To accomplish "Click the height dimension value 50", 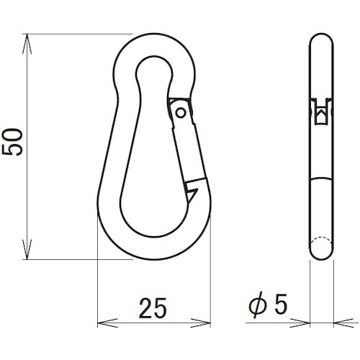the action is click(x=12, y=142).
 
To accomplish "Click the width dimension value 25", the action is click(x=153, y=308).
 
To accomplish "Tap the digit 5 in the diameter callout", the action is click(x=281, y=304).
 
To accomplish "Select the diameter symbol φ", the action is click(x=258, y=305).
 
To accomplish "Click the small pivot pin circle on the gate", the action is click(x=181, y=112).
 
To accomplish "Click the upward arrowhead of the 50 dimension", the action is click(x=27, y=44).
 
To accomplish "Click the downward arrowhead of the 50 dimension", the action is click(x=27, y=249).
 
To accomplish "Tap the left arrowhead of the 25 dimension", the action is click(x=107, y=323).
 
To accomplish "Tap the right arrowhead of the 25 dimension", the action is click(x=200, y=323).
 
